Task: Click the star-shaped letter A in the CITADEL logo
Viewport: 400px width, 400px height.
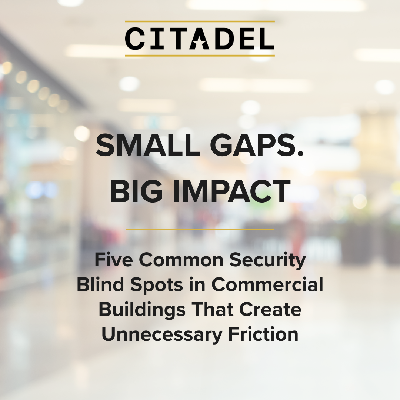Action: pyautogui.click(x=200, y=39)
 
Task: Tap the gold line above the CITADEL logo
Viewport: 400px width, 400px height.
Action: pyautogui.click(x=200, y=21)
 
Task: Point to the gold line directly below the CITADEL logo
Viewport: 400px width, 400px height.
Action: pyautogui.click(x=200, y=55)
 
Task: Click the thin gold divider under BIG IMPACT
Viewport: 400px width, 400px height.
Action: pyautogui.click(x=200, y=230)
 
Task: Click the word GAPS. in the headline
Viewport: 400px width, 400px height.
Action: pyautogui.click(x=257, y=146)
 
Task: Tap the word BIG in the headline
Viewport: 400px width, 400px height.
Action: pyautogui.click(x=136, y=191)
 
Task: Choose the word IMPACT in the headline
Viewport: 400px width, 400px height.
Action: pyautogui.click(x=231, y=191)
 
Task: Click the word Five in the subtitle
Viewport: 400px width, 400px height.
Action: pyautogui.click(x=114, y=260)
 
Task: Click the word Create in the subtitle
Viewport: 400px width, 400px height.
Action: pyautogui.click(x=270, y=309)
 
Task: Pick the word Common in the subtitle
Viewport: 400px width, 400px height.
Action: pyautogui.click(x=181, y=260)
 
